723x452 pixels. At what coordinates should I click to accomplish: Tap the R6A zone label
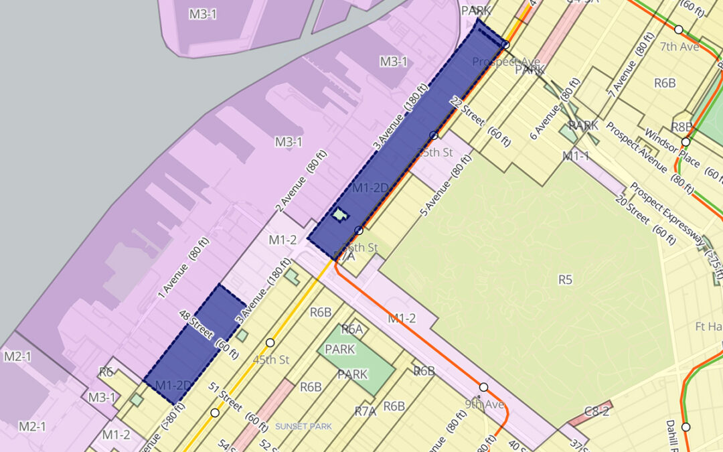tap(352, 329)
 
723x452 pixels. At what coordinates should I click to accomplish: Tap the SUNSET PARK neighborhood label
tap(303, 426)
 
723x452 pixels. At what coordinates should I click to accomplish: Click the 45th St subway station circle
tap(270, 343)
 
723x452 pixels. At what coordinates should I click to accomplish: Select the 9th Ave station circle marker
tap(483, 387)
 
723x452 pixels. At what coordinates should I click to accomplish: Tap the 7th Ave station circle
tap(678, 29)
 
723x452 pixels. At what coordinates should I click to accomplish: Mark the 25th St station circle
tap(434, 135)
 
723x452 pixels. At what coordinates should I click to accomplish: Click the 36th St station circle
tap(359, 230)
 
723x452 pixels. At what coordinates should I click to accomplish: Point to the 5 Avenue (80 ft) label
tap(442, 187)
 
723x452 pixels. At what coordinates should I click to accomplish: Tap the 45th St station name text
tap(271, 360)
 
